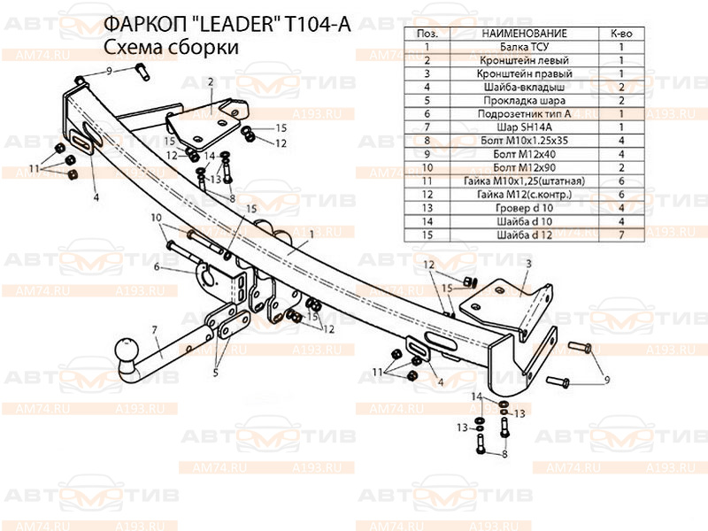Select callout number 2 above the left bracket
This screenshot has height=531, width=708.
(x=212, y=81)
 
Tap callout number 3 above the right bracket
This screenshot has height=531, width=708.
(x=527, y=264)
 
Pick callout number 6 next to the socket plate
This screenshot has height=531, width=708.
(x=156, y=265)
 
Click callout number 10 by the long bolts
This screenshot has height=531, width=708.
(x=155, y=218)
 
